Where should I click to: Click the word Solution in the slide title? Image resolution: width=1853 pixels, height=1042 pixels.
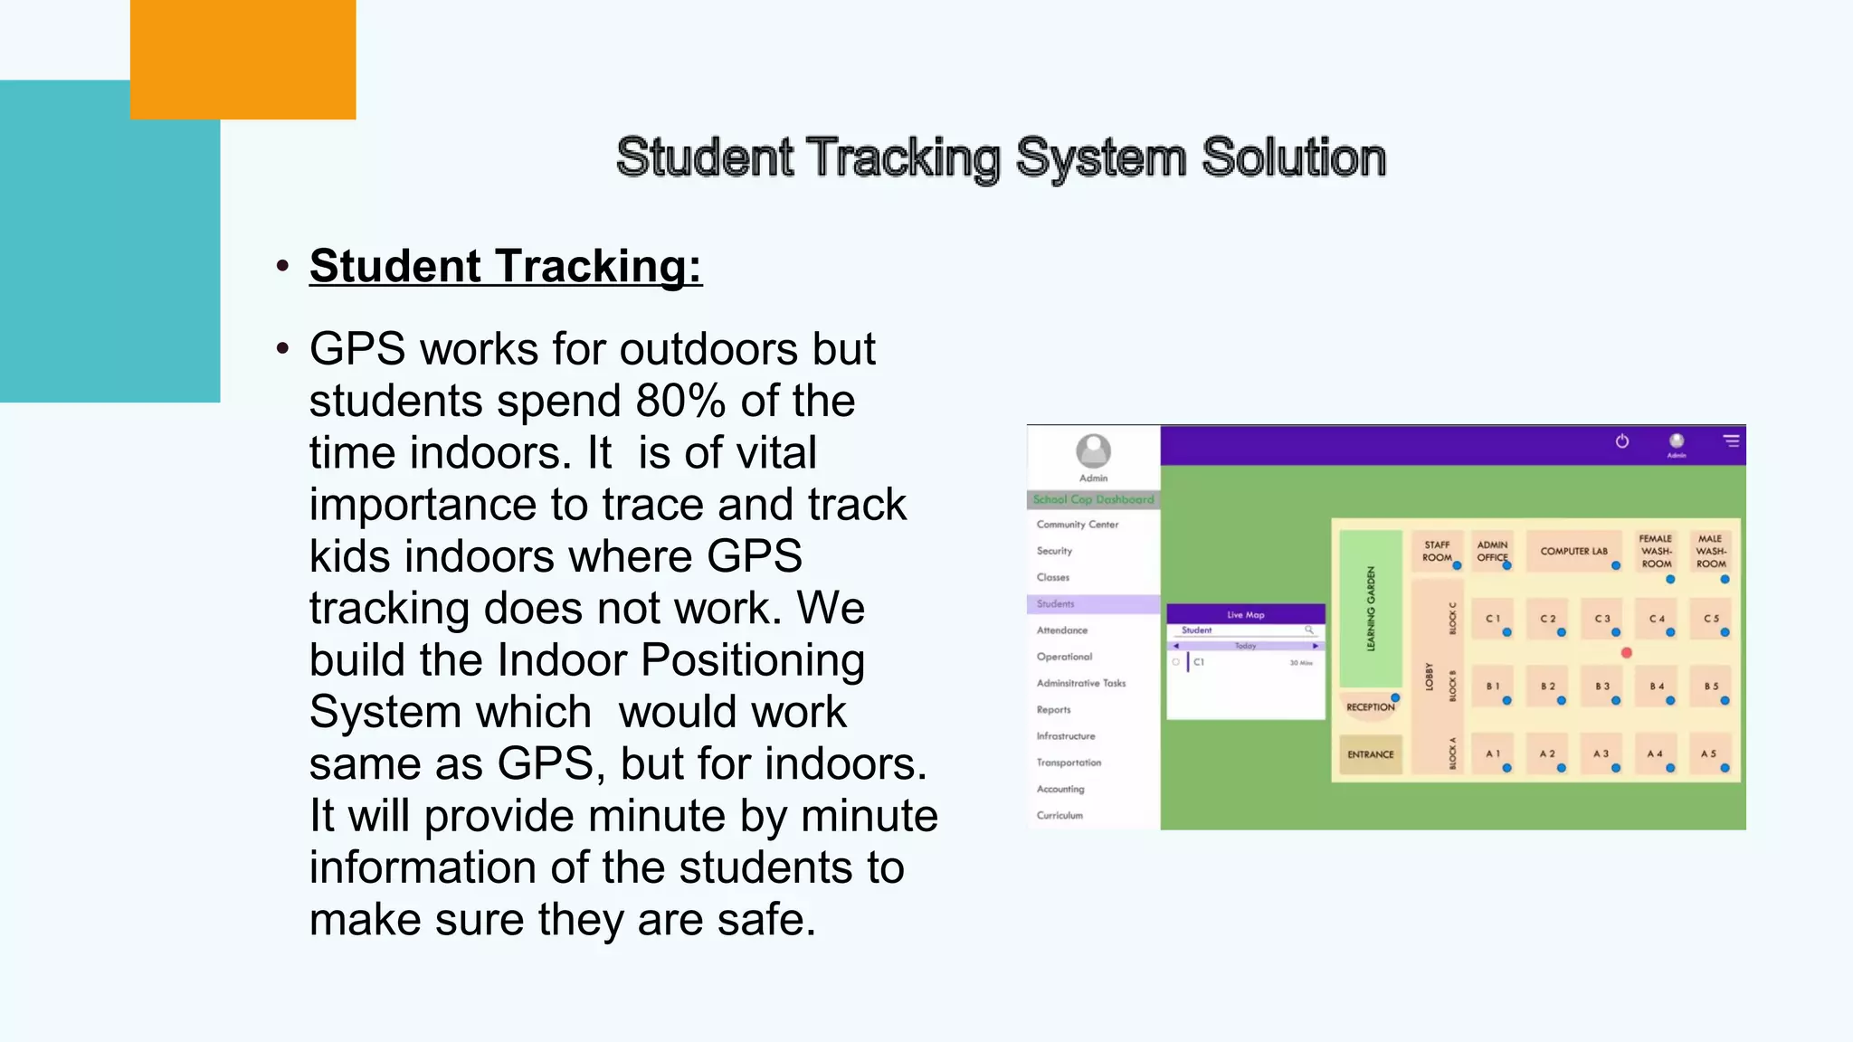(x=1293, y=157)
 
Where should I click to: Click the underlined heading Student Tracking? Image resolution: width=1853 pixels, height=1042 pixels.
(x=505, y=266)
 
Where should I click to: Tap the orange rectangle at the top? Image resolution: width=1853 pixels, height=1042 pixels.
(x=242, y=59)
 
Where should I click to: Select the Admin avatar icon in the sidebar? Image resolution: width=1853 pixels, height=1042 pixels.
(x=1093, y=450)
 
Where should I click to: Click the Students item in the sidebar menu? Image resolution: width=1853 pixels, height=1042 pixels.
(x=1056, y=603)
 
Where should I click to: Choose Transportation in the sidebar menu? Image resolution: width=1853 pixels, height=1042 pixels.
(x=1069, y=763)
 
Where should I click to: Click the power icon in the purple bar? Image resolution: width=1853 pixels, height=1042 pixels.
(x=1622, y=441)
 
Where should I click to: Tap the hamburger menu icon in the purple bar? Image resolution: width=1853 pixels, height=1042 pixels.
(x=1731, y=441)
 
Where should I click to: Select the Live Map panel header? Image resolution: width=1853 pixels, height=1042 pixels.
(x=1246, y=614)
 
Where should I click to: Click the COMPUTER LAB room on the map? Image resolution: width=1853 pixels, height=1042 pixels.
(x=1573, y=551)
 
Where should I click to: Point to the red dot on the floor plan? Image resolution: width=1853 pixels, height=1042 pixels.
(x=1627, y=653)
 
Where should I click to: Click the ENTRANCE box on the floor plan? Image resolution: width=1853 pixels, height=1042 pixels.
(x=1370, y=754)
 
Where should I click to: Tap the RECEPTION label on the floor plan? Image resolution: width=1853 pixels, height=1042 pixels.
(x=1370, y=707)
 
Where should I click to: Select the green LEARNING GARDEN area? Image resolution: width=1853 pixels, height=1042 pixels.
(x=1371, y=609)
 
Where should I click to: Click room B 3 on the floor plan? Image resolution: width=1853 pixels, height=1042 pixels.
(x=1602, y=687)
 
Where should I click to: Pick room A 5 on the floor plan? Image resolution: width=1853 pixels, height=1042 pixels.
(x=1708, y=754)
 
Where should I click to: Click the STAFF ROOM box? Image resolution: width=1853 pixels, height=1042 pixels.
(x=1437, y=551)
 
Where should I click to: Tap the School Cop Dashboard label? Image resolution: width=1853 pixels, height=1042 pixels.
(x=1093, y=499)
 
